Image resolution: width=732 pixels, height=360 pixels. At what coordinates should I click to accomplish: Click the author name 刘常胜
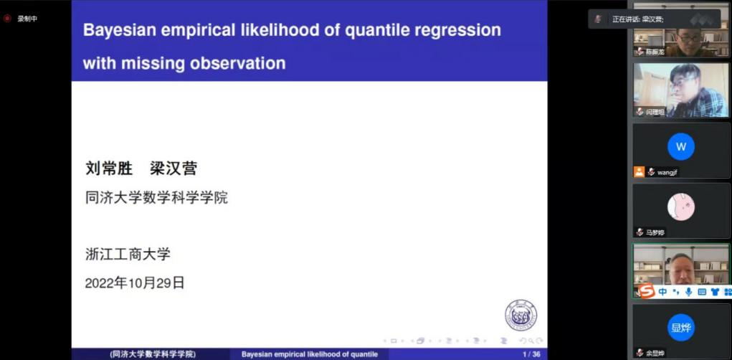click(x=109, y=169)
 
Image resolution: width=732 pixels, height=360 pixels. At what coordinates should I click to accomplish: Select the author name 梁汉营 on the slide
click(x=173, y=169)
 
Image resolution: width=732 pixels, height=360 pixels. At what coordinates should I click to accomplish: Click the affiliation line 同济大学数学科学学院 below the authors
click(x=156, y=197)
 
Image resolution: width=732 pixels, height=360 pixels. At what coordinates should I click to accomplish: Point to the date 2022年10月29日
click(x=135, y=283)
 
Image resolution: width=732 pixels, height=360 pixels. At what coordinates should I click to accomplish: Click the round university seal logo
click(x=521, y=316)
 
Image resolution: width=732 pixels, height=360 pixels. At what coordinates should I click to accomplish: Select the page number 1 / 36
click(x=531, y=354)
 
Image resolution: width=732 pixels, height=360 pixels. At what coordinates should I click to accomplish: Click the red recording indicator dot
click(x=7, y=19)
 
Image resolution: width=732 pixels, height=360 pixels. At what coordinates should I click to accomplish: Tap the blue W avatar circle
click(x=680, y=147)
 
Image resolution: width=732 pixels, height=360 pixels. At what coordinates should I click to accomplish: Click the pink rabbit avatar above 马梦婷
click(x=680, y=207)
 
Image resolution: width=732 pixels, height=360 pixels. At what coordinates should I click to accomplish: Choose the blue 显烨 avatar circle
click(x=680, y=328)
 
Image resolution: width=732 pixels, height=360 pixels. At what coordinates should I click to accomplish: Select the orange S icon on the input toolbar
click(x=647, y=291)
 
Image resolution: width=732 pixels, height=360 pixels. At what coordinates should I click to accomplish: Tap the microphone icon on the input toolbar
click(x=689, y=292)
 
